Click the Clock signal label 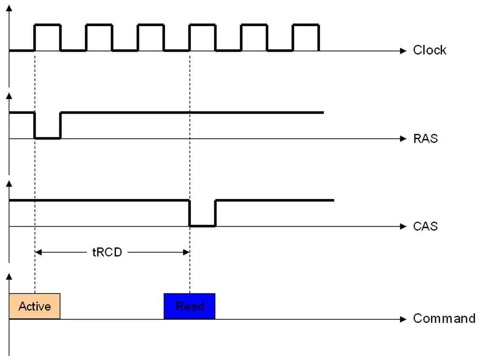tap(429, 50)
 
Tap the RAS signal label tap(425, 138)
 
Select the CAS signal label tap(425, 226)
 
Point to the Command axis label tap(444, 318)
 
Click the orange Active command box tap(34, 306)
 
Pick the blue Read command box tap(189, 306)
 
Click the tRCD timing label tap(107, 252)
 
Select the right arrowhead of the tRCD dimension tap(186, 252)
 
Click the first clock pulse tap(47, 25)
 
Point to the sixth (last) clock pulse tap(306, 25)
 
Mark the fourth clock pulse tap(202, 25)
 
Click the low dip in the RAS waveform tap(47, 138)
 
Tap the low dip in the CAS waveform tap(202, 226)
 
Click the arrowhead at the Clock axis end tap(403, 51)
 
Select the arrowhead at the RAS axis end tap(403, 139)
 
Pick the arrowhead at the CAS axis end tap(403, 227)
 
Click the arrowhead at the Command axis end tap(403, 319)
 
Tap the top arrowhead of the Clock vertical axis tap(9, 8)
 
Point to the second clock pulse tap(99, 25)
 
